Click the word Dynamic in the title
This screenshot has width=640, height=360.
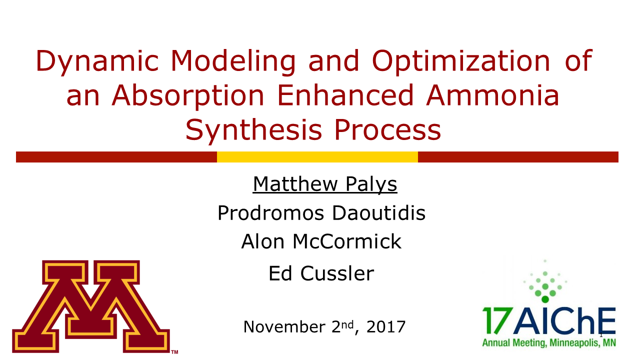coord(97,61)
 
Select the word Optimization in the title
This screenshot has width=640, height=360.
coord(461,61)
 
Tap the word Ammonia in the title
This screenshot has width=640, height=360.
coord(492,95)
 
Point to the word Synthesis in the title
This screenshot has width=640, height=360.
coord(253,130)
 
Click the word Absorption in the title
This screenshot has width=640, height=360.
coord(188,96)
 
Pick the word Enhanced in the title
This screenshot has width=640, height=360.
coord(345,95)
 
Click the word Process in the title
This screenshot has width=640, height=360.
coord(387,130)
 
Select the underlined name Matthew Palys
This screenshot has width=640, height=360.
coord(325,184)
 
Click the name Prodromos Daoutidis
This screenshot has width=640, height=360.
coord(321,213)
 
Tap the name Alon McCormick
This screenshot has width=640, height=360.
coord(321,241)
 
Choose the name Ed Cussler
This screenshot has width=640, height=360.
coord(321,273)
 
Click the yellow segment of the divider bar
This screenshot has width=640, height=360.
coord(317,157)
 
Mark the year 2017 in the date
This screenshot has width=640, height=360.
coord(385,326)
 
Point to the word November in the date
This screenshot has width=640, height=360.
coord(284,326)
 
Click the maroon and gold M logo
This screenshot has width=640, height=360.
coord(91,306)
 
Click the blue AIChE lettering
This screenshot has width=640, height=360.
coord(565,320)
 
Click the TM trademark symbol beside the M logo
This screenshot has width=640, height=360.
coord(174,352)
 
